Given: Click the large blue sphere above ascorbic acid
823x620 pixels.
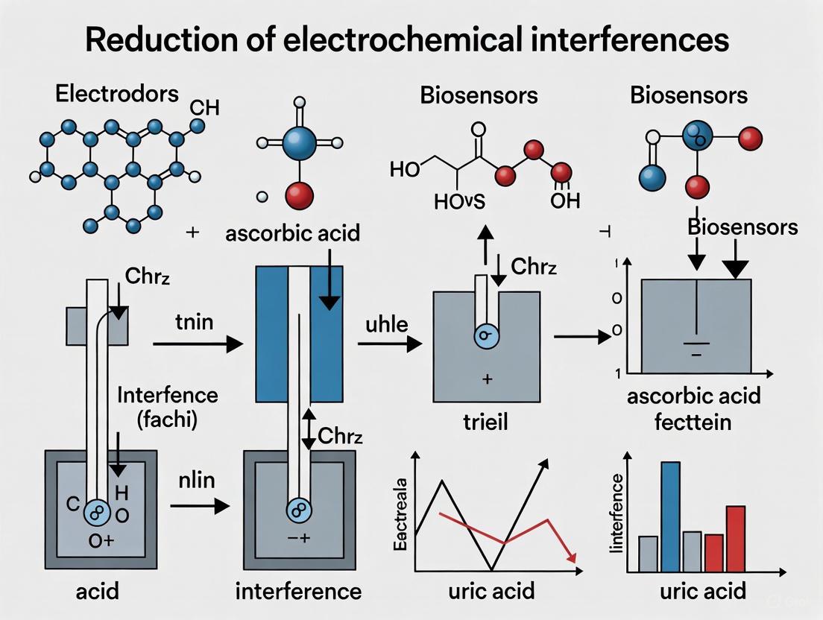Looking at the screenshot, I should click(x=299, y=142).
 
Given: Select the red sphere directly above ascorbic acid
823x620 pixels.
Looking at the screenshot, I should click(x=299, y=196).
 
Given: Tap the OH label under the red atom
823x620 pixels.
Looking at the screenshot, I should click(x=564, y=201).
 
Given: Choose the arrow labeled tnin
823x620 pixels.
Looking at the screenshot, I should click(x=198, y=344).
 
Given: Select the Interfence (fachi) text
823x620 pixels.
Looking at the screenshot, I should click(x=168, y=406).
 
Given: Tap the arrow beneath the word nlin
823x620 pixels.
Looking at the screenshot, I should click(x=199, y=506).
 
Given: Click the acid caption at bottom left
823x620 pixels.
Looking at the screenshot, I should click(x=98, y=592).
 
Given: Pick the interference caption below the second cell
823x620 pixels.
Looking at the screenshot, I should click(x=298, y=592).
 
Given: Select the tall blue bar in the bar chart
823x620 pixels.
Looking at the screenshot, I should click(x=670, y=516).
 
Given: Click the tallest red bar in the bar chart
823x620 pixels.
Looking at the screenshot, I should click(x=735, y=538).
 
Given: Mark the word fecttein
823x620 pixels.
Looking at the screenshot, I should click(x=693, y=422).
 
